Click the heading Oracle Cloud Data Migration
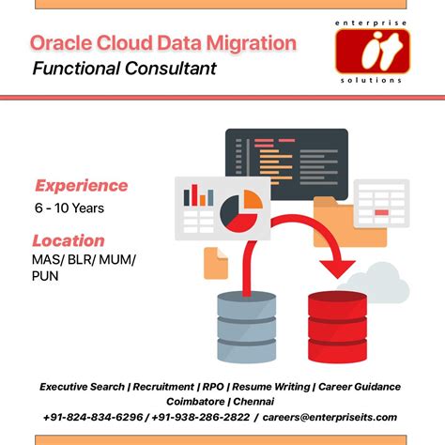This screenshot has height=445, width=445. point(163,42)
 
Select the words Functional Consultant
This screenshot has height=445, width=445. point(124,68)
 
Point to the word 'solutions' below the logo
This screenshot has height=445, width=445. point(372,80)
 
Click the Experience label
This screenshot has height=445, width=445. point(81,185)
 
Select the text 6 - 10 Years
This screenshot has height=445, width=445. point(69,207)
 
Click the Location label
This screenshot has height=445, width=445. point(68,239)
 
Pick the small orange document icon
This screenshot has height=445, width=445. point(217,263)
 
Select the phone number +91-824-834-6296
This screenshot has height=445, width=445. point(93,417)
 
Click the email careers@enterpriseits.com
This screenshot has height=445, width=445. point(330,417)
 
